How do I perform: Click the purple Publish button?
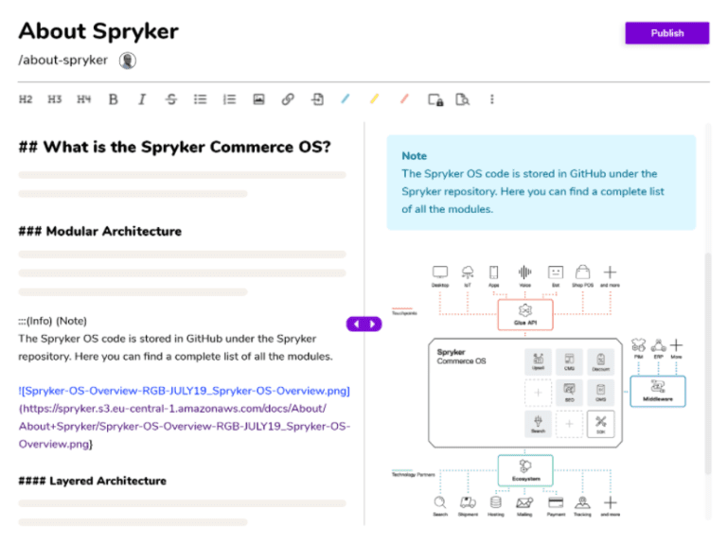[x=666, y=33]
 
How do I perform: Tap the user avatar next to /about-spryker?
[x=128, y=61]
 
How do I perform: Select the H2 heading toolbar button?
[x=26, y=99]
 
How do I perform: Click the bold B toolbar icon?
[x=113, y=99]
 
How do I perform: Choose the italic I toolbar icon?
[x=142, y=99]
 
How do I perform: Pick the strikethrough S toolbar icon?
[x=170, y=99]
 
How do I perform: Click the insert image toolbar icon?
[x=258, y=99]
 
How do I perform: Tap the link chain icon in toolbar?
[x=288, y=99]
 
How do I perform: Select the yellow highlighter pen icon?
[x=375, y=99]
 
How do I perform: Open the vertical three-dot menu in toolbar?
[x=491, y=99]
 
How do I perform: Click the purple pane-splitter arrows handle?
[x=364, y=324]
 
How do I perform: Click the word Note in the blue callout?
[x=414, y=156]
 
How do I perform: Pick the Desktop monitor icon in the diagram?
[x=439, y=272]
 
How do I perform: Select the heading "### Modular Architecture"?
[x=100, y=231]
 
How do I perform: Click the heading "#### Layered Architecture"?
[x=92, y=481]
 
